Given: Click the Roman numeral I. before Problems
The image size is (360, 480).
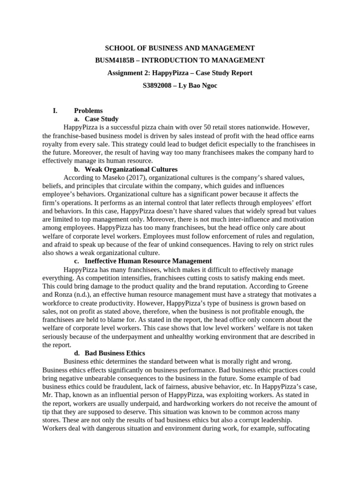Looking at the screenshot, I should pos(55,111).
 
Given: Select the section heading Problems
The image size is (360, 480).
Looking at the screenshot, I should pos(88,111).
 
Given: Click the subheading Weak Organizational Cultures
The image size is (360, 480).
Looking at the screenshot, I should pos(131,169).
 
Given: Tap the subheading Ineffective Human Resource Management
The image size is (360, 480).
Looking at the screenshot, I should pos(148,261).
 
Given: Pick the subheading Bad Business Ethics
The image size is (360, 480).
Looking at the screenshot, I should pos(114,353).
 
